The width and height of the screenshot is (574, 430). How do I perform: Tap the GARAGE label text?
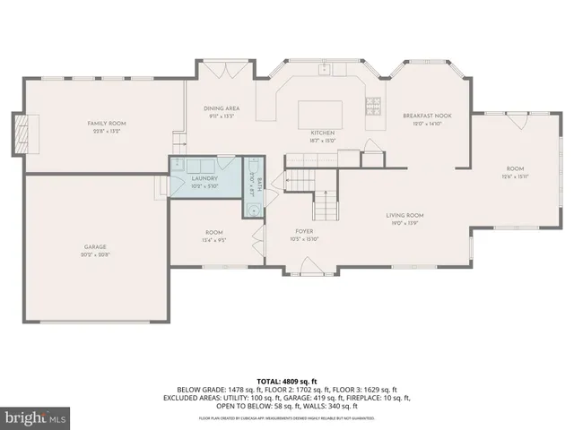click(x=96, y=246)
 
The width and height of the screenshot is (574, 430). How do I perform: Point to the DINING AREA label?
click(x=221, y=108)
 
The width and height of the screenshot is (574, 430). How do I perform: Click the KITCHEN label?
click(x=322, y=133)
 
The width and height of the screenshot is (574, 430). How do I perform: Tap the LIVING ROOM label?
click(x=404, y=215)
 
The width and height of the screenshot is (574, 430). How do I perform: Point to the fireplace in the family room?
click(x=21, y=134)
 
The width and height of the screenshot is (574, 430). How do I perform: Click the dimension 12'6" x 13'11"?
click(x=515, y=177)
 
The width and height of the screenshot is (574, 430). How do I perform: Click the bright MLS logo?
click(x=35, y=418)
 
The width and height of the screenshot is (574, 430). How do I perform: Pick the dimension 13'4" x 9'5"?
click(x=213, y=240)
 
